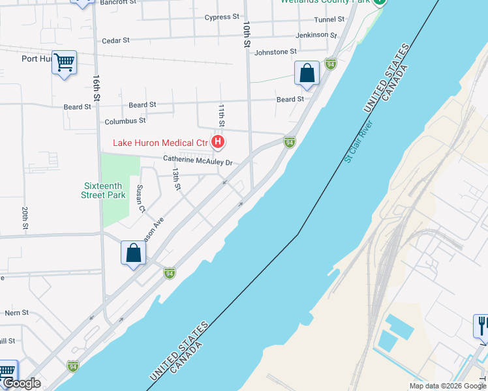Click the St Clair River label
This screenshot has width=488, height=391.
(x=359, y=141)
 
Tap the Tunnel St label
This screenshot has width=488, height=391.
(x=329, y=20)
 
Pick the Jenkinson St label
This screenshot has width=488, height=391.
(x=316, y=35)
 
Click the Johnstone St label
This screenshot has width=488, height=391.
(x=275, y=51)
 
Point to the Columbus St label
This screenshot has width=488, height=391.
(x=125, y=121)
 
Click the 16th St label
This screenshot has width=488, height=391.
(x=96, y=87)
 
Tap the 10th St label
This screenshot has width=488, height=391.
(x=247, y=35)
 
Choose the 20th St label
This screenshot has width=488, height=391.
(x=24, y=220)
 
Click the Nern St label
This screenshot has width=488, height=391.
(x=16, y=313)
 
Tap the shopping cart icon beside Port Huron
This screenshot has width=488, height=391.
(x=64, y=63)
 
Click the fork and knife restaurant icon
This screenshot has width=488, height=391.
(x=481, y=325)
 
